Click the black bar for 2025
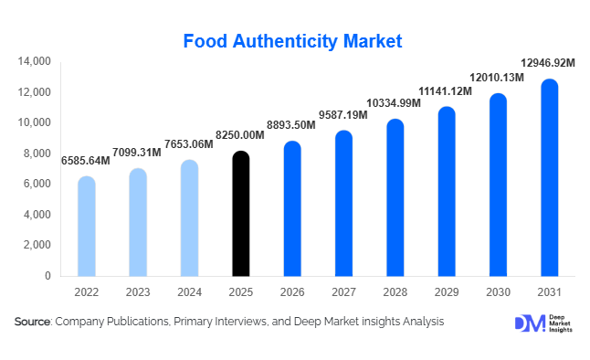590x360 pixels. click(240, 215)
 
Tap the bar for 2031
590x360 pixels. click(550, 178)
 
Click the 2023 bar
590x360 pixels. click(137, 223)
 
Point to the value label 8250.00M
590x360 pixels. click(239, 134)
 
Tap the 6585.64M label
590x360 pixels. click(86, 160)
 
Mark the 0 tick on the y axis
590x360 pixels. click(47, 276)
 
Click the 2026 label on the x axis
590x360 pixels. click(291, 292)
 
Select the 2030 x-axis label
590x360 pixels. click(498, 292)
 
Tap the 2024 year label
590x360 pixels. click(188, 292)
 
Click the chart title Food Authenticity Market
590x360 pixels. click(293, 41)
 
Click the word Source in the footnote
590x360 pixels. click(32, 322)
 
